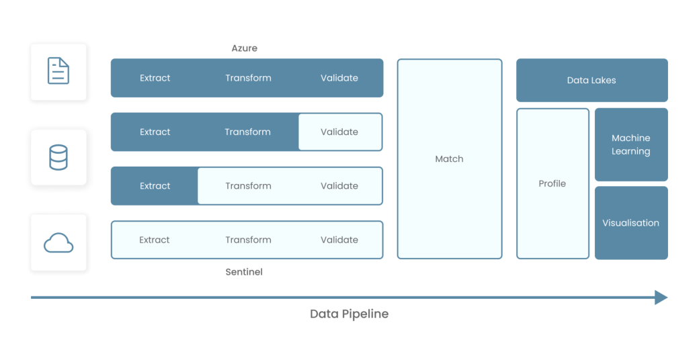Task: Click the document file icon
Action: (58, 71)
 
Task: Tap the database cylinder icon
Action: (58, 157)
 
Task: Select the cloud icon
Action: (58, 242)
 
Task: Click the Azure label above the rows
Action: (244, 48)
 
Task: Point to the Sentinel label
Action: (244, 272)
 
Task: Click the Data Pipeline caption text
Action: (349, 314)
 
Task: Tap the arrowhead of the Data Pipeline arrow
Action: (661, 297)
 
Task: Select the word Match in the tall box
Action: (449, 159)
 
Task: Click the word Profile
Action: (552, 183)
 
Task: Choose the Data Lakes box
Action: (591, 80)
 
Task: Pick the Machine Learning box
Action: (630, 144)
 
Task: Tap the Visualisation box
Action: (630, 223)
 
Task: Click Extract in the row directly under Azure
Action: (155, 78)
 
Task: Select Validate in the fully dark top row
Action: (339, 78)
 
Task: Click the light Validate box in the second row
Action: (339, 132)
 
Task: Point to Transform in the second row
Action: (247, 132)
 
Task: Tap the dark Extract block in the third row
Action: (155, 186)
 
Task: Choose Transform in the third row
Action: (248, 186)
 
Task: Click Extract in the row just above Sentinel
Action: (154, 240)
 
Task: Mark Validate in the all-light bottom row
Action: (339, 240)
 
